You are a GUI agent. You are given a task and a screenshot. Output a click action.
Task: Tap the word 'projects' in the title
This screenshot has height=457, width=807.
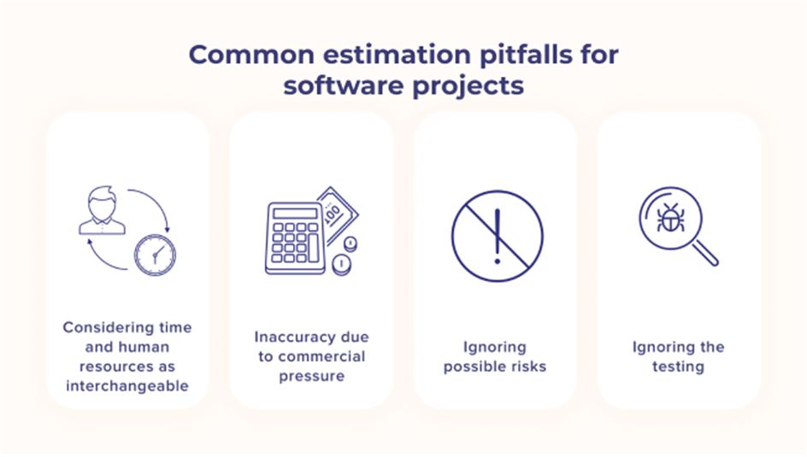click(x=468, y=86)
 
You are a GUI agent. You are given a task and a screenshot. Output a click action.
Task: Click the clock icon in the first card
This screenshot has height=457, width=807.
click(x=155, y=255)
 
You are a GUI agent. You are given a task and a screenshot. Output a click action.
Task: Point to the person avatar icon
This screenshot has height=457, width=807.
click(x=102, y=210)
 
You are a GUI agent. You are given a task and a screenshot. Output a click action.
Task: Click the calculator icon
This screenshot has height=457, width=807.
click(x=295, y=238)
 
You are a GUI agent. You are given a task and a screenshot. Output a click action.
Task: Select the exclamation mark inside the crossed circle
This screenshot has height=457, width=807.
click(x=498, y=237)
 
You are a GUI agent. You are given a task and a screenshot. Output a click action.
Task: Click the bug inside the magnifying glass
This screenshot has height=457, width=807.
click(x=670, y=218)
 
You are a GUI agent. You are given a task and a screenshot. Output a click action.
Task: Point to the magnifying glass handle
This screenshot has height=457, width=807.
click(x=705, y=254)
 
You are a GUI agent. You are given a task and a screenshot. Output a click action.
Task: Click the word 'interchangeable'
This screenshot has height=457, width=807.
click(x=127, y=386)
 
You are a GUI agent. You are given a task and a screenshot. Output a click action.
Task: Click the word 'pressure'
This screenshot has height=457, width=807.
click(x=312, y=377)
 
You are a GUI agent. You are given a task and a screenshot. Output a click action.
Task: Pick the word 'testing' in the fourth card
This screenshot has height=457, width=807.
click(x=678, y=367)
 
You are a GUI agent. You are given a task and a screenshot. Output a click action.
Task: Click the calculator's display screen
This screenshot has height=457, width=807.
click(x=295, y=213)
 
